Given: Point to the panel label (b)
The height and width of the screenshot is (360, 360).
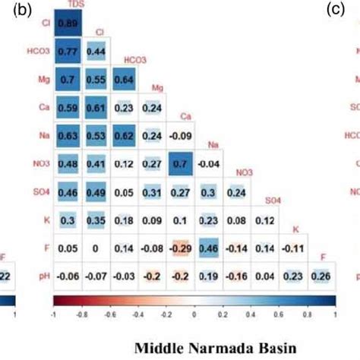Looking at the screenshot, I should (10, 10).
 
